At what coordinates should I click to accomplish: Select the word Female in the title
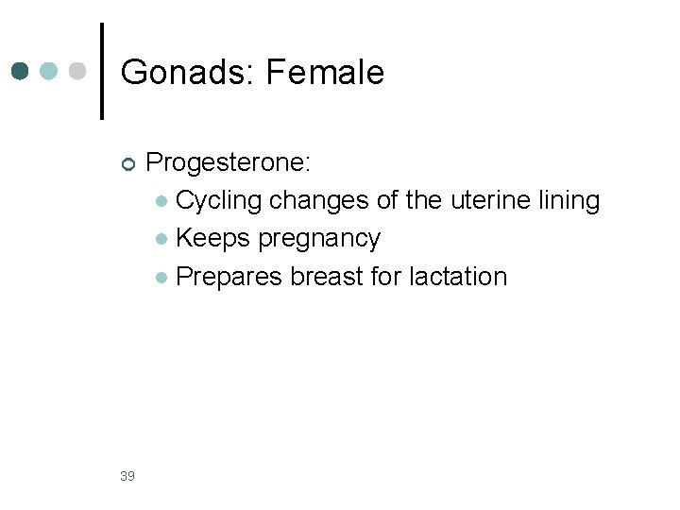(x=325, y=73)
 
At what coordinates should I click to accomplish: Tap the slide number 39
(x=127, y=475)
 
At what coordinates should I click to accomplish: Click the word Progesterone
(x=227, y=162)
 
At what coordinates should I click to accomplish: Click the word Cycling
(x=219, y=201)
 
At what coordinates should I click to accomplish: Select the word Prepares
(x=229, y=278)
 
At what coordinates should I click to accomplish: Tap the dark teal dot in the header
(x=21, y=71)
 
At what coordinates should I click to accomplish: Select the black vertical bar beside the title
(x=102, y=72)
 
